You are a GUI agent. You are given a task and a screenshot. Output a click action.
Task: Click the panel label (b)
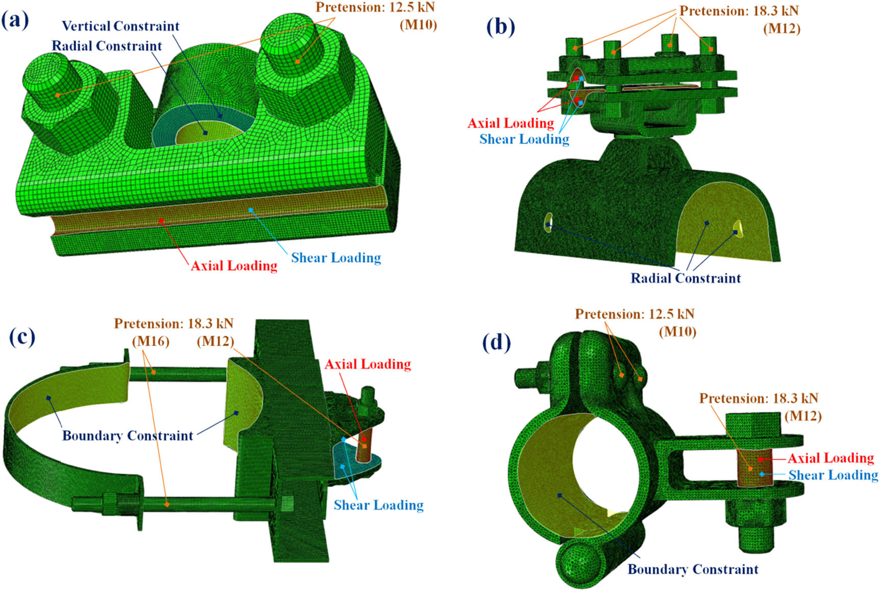[501, 26]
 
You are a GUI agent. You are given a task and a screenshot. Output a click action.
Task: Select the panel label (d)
[496, 343]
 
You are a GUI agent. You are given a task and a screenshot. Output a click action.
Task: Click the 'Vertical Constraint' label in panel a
[120, 26]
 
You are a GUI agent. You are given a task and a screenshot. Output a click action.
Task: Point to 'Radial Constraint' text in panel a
[107, 46]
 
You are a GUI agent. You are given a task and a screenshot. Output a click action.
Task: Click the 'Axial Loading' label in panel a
[234, 265]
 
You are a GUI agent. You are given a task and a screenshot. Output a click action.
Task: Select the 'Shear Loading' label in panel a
[336, 258]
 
